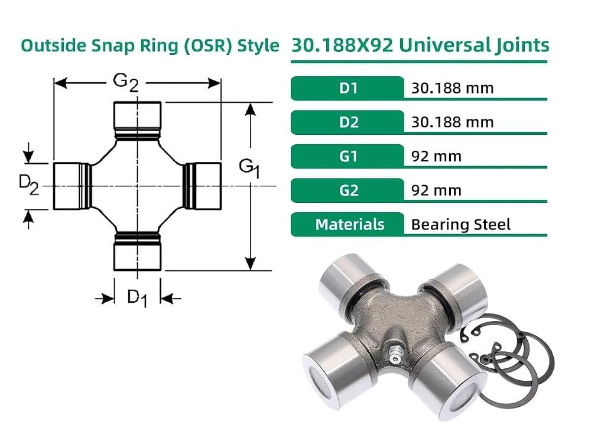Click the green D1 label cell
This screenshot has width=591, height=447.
pos(347,88)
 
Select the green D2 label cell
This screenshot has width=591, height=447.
pos(347,122)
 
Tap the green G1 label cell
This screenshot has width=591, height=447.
pos(347,156)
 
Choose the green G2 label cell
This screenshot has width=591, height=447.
pos(347,190)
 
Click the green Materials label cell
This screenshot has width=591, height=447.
pos(347,225)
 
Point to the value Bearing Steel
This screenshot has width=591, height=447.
pos(460,225)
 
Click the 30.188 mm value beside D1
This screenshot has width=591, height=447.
pos(452,88)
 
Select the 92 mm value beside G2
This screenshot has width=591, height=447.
pos(436,190)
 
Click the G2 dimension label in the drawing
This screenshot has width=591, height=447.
pos(126,83)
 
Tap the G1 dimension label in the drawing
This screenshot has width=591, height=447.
pos(249,168)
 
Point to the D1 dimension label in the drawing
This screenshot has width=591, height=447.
pos(137,297)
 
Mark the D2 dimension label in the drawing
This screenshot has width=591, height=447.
pos(28,186)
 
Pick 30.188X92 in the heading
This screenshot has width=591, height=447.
pos(343,45)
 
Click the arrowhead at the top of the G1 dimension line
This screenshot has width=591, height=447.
pos(250,109)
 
